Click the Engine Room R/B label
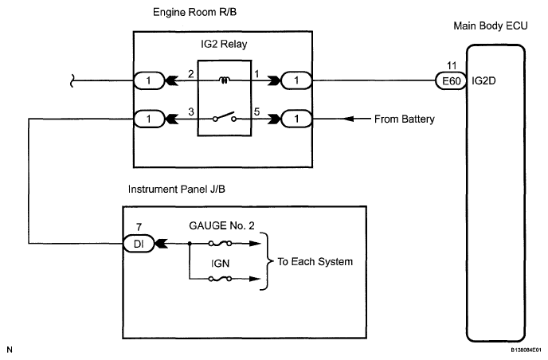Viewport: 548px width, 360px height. point(194,13)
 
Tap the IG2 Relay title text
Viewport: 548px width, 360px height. point(224,44)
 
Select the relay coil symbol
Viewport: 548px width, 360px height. point(225,80)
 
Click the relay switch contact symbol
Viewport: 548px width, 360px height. point(225,117)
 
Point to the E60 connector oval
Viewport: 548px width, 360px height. point(451,81)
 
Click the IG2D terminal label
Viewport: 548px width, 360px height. point(483,81)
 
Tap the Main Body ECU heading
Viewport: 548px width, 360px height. point(491,25)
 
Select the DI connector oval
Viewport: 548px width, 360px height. point(139,244)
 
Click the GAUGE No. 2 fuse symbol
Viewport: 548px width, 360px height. point(220,243)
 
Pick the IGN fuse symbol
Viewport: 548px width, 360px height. point(220,279)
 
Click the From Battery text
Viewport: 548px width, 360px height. point(405,119)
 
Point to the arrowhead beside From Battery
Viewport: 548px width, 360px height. point(348,119)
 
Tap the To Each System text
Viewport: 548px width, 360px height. point(315,262)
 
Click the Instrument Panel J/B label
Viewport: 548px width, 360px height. point(177,189)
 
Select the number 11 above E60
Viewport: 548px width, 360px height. point(452,65)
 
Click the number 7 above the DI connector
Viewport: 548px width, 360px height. point(139,227)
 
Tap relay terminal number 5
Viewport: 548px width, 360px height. point(256,112)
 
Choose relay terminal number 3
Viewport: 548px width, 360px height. point(191,112)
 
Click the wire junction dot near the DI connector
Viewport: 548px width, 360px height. point(190,243)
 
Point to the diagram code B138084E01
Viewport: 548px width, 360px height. point(528,350)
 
